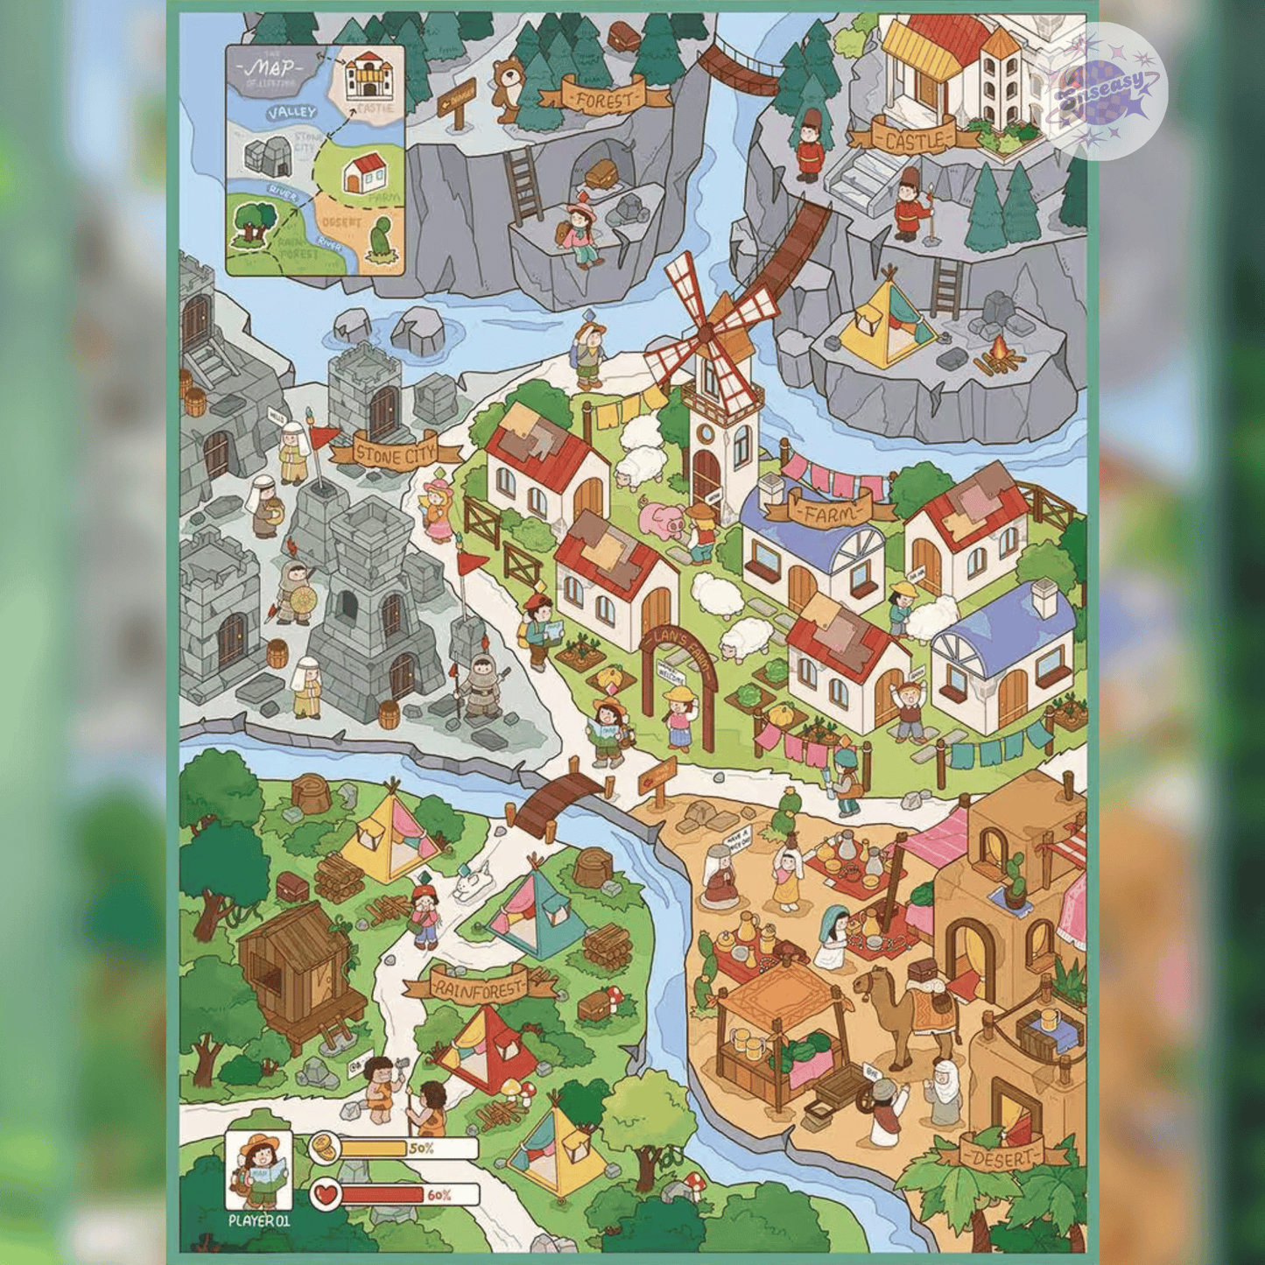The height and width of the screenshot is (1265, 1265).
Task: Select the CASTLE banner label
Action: (913, 139)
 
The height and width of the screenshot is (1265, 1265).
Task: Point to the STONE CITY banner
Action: (397, 453)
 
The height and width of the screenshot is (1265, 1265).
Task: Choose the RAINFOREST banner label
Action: (479, 988)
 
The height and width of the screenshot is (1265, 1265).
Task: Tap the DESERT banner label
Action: (1003, 1157)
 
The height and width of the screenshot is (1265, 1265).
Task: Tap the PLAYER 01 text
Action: (258, 1220)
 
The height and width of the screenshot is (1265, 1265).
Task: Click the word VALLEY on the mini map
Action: (292, 113)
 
